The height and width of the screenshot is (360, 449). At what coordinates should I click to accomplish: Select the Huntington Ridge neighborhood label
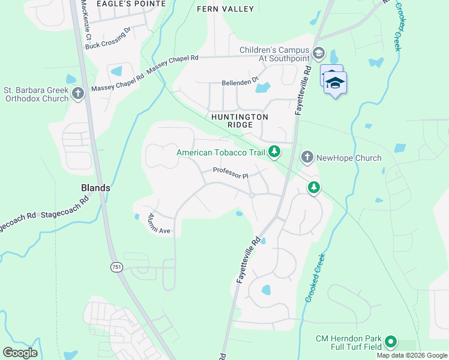coord(238,121)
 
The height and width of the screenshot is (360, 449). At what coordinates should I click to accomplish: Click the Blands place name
coord(95,188)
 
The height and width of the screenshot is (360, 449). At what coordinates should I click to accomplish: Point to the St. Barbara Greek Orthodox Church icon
coord(77,94)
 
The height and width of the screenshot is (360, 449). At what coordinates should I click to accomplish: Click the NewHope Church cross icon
coord(307,157)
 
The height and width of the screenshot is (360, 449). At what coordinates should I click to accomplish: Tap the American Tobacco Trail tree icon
coord(274,152)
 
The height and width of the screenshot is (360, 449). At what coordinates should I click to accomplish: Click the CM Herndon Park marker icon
coord(391,342)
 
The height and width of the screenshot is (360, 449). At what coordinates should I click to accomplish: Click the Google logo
coord(20,353)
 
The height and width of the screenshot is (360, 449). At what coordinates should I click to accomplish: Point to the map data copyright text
coord(412,355)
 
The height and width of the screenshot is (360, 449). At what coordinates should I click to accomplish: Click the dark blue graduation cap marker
coord(336,83)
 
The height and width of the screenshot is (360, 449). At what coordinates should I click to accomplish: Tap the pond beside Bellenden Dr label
coord(263,88)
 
